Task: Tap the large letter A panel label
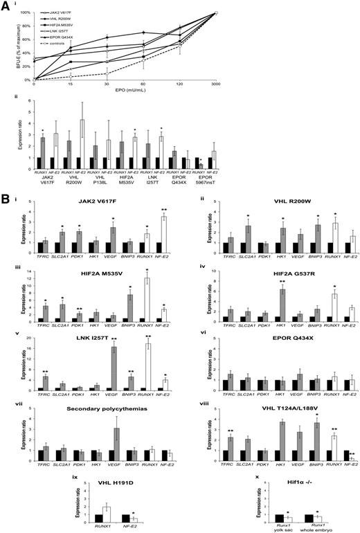pyautogui.click(x=5, y=6)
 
